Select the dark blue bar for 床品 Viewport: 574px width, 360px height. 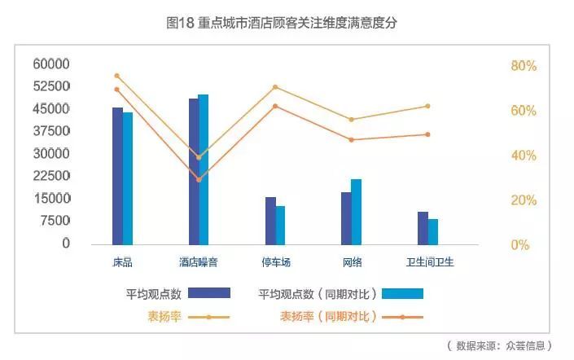click(117, 175)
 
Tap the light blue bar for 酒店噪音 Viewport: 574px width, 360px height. click(204, 169)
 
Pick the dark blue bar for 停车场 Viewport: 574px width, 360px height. click(270, 220)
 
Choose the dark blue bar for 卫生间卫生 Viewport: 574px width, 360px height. click(423, 228)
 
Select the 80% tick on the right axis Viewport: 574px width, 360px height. click(524, 66)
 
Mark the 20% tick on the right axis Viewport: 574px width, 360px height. click(524, 200)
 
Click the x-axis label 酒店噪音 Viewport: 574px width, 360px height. click(199, 262)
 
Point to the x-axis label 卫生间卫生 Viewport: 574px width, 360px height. click(430, 262)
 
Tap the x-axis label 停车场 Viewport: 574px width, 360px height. click(275, 262)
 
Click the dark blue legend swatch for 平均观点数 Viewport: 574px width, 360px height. click(209, 293)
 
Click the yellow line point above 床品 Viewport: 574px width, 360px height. click(117, 76)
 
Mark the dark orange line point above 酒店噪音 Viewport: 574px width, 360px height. click(199, 179)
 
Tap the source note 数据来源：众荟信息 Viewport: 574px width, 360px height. click(499, 345)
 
